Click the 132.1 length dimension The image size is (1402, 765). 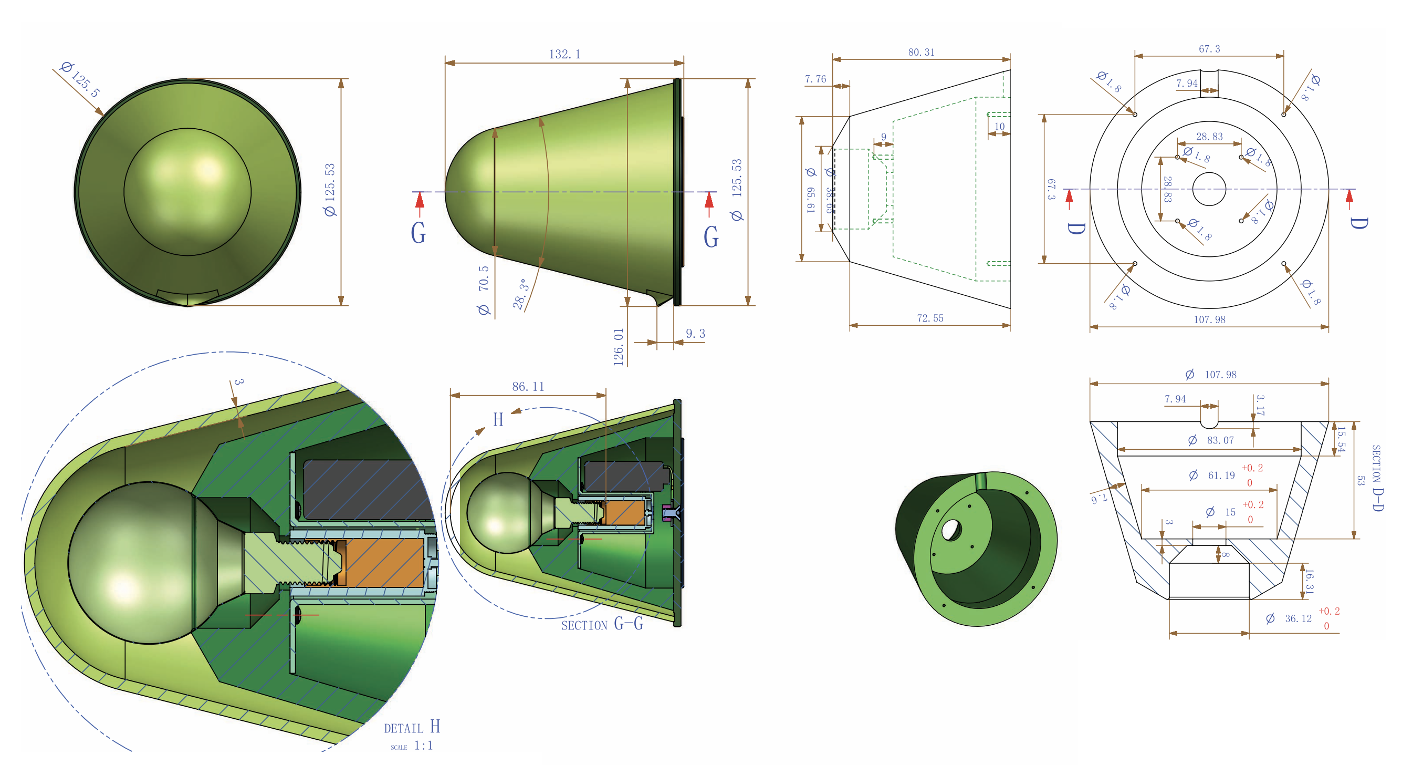tap(564, 55)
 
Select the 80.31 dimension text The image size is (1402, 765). tap(921, 52)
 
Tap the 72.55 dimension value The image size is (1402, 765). tap(929, 318)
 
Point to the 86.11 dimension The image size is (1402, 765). tap(527, 387)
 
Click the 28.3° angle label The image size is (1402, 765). tap(520, 294)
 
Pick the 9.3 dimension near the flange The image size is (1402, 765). tap(695, 334)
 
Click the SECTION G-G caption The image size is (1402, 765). tap(602, 624)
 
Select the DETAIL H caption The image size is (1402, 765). tap(412, 727)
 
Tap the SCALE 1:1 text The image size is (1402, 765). tap(412, 746)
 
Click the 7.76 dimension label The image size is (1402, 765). tap(815, 79)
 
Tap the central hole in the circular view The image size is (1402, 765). tap(1209, 189)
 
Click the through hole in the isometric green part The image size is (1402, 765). tap(951, 530)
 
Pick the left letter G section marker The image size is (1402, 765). tap(418, 233)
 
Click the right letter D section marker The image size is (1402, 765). tap(1358, 223)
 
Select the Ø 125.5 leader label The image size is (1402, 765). tap(80, 79)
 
